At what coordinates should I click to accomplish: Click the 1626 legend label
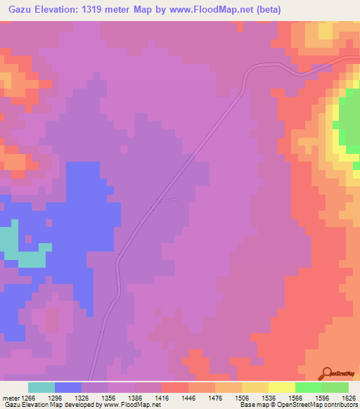pyautogui.click(x=347, y=398)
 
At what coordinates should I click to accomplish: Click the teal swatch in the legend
pyautogui.click(x=41, y=387)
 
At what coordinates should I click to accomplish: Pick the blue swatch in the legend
pyautogui.click(x=68, y=387)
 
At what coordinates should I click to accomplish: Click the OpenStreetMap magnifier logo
pyautogui.click(x=327, y=373)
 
